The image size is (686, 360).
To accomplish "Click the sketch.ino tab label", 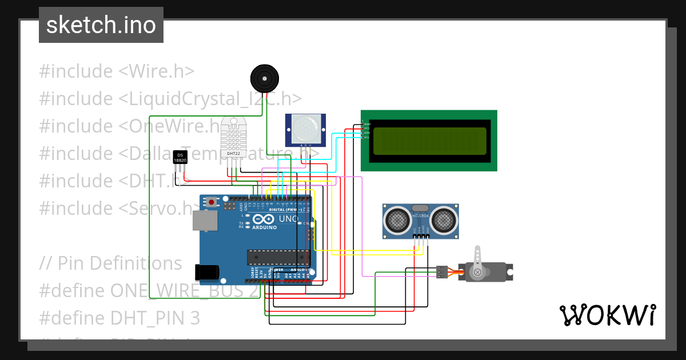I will [x=101, y=25].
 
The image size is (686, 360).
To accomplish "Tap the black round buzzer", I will [x=264, y=78].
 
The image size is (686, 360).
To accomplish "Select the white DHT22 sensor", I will [x=233, y=139].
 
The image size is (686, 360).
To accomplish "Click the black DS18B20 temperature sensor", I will [x=180, y=157].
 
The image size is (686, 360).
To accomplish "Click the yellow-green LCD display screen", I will [x=429, y=141].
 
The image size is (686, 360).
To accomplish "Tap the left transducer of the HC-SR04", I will [x=396, y=219].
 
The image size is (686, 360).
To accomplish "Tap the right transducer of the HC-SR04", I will [x=444, y=219].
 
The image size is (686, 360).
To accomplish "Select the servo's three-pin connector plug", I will [x=442, y=272].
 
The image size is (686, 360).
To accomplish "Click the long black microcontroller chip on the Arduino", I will [x=272, y=258].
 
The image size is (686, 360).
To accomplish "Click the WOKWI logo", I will [x=607, y=315].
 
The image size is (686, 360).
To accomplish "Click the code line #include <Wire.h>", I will [x=117, y=71].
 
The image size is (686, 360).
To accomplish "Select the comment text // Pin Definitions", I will [x=110, y=263].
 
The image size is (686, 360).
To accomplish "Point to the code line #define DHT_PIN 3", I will [x=119, y=318].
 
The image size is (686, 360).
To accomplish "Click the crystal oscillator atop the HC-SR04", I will [x=420, y=208].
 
